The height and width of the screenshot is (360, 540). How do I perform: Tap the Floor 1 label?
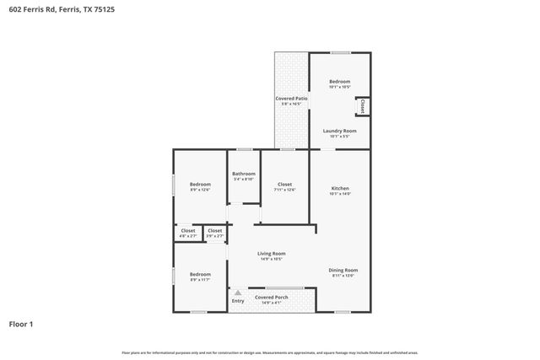(22, 323)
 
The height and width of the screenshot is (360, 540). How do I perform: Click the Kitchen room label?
(340, 188)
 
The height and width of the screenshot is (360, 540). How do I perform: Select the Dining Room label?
(343, 270)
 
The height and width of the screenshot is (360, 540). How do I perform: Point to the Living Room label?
(271, 253)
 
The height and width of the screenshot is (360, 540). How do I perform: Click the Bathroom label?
(243, 174)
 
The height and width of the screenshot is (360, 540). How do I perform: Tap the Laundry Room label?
(340, 131)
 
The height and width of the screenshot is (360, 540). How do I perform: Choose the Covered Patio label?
(291, 99)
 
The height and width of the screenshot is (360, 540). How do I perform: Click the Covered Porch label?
(271, 296)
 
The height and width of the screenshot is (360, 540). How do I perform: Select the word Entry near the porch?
(238, 301)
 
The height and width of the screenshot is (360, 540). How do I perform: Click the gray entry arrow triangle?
(238, 293)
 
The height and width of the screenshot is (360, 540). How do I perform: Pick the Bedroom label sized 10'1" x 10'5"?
(339, 82)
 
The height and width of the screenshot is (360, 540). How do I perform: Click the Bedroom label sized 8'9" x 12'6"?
(200, 184)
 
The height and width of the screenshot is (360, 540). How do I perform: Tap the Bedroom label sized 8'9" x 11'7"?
(200, 273)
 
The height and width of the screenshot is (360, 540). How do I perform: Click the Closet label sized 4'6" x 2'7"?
(187, 230)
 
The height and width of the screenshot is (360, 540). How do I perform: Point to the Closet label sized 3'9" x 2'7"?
(215, 230)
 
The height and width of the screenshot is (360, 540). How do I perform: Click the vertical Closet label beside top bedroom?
(363, 107)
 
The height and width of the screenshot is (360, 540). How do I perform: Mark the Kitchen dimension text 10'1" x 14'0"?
(340, 194)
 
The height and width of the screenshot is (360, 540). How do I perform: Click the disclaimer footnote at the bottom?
(270, 352)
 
